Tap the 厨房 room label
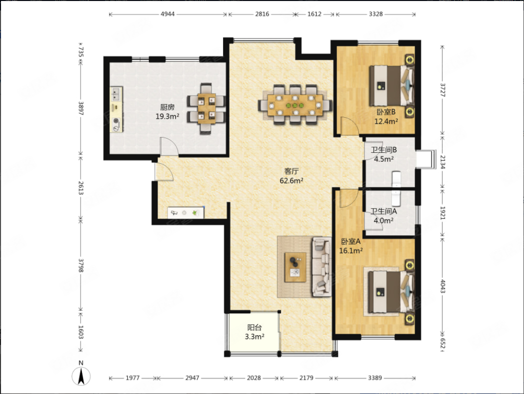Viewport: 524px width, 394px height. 167,107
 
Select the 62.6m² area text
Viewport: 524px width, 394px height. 291,181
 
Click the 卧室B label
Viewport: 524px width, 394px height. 386,112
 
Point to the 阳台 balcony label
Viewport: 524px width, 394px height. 254,327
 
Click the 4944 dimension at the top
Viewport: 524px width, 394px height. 168,14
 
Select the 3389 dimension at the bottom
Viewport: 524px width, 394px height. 375,378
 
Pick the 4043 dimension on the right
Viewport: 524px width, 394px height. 443,286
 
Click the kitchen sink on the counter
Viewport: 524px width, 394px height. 116,94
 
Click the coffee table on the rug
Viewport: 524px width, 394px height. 295,267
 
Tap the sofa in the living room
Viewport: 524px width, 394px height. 321,267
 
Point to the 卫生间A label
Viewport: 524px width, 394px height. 383,211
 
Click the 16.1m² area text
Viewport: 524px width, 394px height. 351,251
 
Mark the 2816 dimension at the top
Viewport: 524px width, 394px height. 262,14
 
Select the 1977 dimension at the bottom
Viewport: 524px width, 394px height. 132,378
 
